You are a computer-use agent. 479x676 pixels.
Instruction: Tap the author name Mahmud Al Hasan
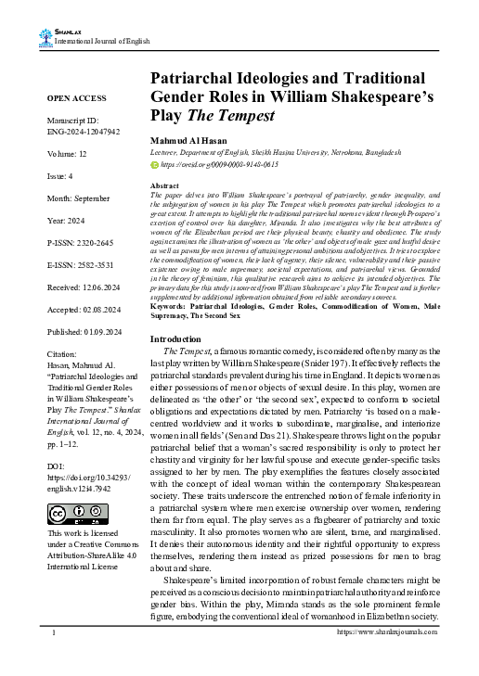click(x=190, y=139)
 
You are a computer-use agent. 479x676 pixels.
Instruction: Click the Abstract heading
click(x=163, y=186)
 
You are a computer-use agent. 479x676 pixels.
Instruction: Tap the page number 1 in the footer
click(x=55, y=657)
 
